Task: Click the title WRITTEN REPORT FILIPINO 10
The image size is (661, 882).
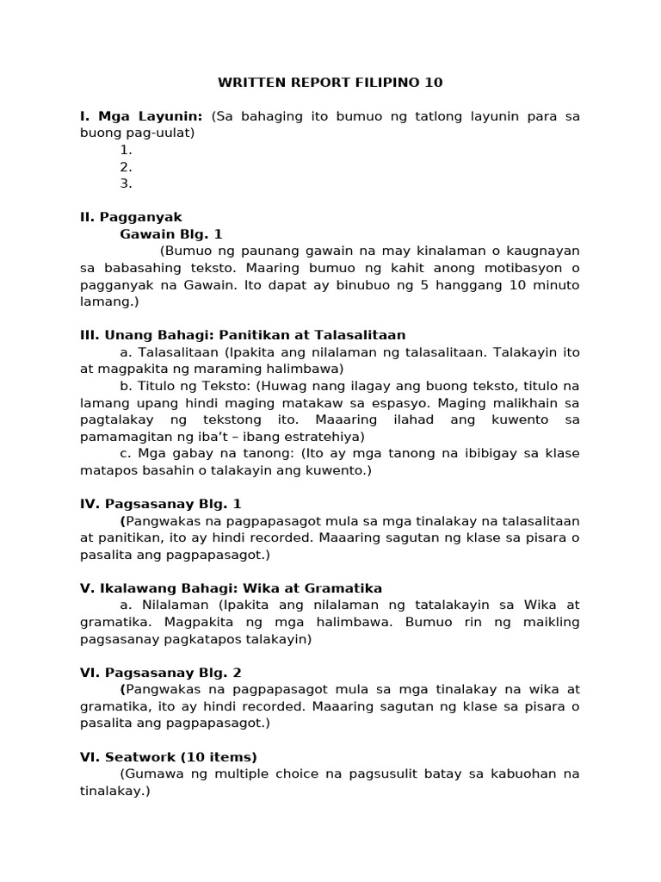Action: pos(330,83)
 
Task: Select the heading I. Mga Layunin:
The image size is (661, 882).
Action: pos(141,116)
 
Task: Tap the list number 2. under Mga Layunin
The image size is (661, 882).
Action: pos(126,167)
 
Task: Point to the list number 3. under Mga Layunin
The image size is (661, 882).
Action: pos(126,183)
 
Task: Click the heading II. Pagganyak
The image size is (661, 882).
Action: pos(131,217)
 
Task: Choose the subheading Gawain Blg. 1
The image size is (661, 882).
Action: pos(171,234)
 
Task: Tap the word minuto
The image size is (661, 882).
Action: pos(555,284)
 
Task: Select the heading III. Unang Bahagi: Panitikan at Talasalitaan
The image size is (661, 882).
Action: pos(243,335)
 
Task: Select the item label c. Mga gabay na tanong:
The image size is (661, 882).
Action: pos(193,453)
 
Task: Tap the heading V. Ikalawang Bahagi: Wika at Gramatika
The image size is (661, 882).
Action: pos(231,588)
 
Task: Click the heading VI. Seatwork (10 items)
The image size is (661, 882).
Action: pos(169,757)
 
